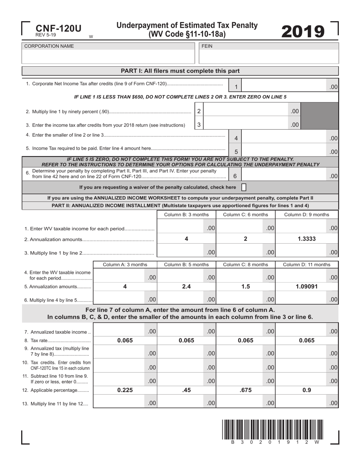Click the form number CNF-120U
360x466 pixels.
click(58, 28)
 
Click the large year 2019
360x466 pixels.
click(303, 31)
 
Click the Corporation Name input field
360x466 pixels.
click(108, 57)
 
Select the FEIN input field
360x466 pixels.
click(268, 57)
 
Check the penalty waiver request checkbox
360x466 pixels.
click(244, 187)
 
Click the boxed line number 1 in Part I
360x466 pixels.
click(236, 87)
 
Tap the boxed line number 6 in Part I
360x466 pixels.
click(235, 176)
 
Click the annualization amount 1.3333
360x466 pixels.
click(307, 239)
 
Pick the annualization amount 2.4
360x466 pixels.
click(186, 286)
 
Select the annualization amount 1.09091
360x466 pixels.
click(307, 286)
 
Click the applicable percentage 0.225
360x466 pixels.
click(125, 390)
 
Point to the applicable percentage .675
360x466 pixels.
click(246, 390)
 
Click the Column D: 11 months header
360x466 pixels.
click(307, 264)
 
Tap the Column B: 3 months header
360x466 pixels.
click(186, 214)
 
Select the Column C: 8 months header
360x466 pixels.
click(246, 264)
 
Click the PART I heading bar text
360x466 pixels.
click(180, 71)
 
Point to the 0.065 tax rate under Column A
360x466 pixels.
click(125, 340)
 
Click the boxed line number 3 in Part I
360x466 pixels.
click(199, 125)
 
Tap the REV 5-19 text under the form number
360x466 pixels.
click(46, 35)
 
